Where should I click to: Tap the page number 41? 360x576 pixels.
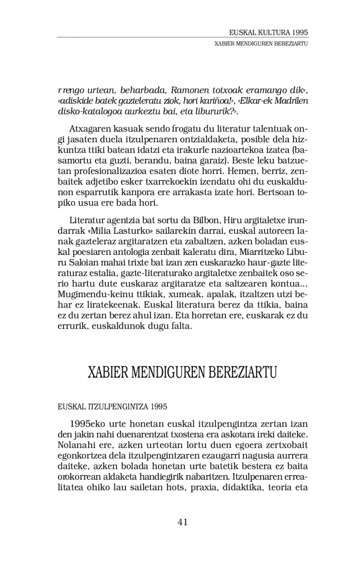click(x=183, y=522)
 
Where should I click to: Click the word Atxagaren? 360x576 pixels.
click(x=92, y=127)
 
